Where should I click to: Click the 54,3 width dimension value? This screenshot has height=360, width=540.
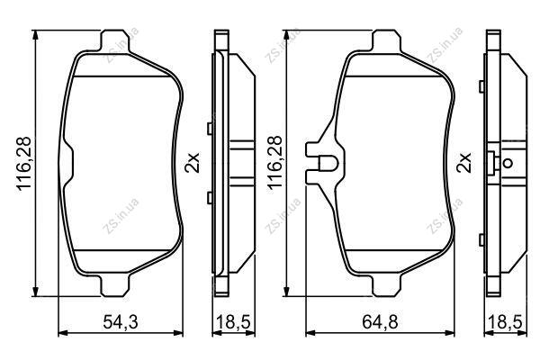coord(121,322)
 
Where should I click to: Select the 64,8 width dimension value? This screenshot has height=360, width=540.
coord(380,322)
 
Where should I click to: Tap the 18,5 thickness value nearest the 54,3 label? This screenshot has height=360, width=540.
coord(233,322)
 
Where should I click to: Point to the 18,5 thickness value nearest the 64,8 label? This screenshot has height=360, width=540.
coord(505,322)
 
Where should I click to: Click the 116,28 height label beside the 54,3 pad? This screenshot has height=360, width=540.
coord(24,163)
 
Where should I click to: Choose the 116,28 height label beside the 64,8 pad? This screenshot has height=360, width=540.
coord(275,163)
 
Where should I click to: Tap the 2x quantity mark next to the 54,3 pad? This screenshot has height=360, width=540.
coord(193,163)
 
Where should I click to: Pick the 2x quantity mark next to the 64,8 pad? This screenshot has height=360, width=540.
coord(463,163)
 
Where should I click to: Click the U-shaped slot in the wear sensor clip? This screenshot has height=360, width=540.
coord(328,164)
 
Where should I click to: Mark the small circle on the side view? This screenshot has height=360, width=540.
coord(508,163)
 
